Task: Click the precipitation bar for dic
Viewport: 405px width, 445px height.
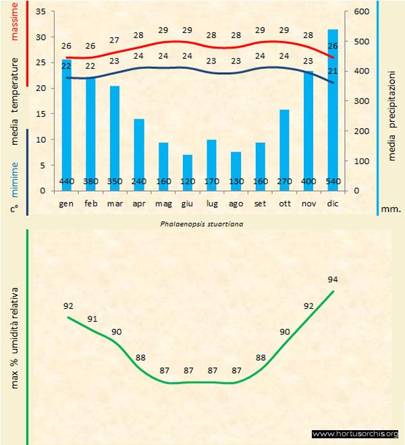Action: [333, 108]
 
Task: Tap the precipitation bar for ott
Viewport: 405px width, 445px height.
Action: [285, 148]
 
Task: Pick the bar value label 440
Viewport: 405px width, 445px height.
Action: [66, 181]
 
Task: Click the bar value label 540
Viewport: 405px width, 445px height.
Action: [333, 181]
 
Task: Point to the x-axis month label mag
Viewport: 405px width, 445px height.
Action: [163, 202]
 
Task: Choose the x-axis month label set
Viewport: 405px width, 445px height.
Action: [261, 202]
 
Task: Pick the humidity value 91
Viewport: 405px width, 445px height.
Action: [92, 319]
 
